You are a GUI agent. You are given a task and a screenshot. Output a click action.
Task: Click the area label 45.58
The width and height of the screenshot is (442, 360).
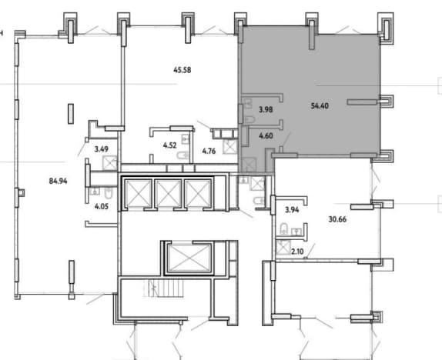[182, 69]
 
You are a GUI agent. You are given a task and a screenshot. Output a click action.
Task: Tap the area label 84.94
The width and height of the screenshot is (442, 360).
[58, 181]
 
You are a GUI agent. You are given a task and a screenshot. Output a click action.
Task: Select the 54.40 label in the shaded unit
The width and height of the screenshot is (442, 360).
[320, 106]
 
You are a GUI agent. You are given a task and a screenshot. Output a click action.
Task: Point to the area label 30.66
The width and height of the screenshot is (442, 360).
[337, 219]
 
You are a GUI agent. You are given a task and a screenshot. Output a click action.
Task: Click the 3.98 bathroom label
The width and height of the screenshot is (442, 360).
[266, 109]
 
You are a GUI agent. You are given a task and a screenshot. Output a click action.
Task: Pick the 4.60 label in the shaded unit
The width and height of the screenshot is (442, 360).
[266, 136]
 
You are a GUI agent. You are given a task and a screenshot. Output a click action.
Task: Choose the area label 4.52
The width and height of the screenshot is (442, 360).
[169, 145]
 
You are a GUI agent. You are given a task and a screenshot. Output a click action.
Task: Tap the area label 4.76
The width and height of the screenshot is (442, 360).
[209, 152]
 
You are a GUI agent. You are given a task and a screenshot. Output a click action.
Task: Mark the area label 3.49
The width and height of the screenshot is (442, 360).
[101, 149]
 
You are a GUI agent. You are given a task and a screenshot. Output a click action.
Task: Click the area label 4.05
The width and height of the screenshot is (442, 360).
[102, 206]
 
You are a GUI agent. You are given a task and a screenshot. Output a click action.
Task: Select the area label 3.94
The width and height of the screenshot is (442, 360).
[292, 209]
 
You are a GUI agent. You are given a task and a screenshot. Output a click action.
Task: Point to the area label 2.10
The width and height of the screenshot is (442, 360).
[297, 252]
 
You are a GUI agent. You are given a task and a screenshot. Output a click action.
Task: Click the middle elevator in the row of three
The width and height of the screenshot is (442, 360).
[168, 193]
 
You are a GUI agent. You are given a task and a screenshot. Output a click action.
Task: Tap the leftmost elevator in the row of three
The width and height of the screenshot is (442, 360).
[139, 193]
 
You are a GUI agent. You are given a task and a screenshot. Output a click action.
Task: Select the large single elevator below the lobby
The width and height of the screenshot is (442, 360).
[189, 258]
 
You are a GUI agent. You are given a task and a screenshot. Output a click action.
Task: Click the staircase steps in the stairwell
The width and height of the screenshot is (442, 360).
[164, 288]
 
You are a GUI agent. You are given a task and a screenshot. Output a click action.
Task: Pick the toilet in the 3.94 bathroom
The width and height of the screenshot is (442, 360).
[283, 229]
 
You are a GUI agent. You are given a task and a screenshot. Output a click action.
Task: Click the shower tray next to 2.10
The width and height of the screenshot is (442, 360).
[283, 248]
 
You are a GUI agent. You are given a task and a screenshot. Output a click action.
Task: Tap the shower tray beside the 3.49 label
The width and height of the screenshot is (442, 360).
[109, 163]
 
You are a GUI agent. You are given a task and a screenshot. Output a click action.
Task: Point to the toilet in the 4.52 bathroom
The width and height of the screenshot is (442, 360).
[183, 155]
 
